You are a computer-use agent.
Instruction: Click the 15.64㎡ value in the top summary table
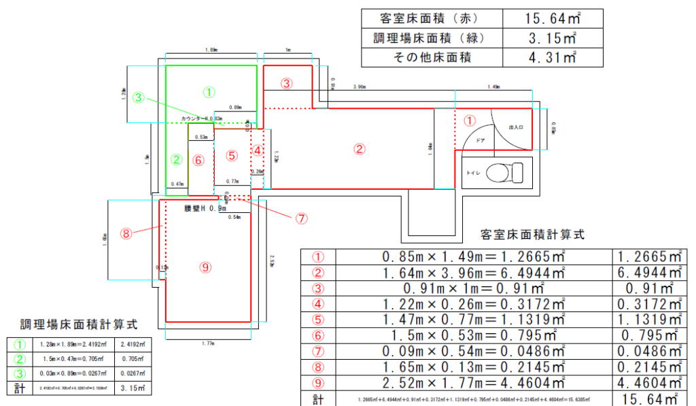pos(551,18)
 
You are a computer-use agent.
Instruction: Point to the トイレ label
pos(474,173)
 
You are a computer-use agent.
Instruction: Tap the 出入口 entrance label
pos(517,127)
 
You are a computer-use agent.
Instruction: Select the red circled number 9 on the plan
pos(205,267)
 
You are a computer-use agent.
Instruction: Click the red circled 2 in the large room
pos(360,148)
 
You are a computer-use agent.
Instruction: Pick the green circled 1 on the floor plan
pos(209,90)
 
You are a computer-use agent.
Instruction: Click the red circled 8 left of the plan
pos(126,233)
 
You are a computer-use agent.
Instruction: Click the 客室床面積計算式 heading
pos(532,235)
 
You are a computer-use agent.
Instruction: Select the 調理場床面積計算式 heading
pos(79,324)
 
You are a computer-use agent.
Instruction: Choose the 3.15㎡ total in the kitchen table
pos(133,388)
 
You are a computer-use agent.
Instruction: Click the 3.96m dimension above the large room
pos(360,88)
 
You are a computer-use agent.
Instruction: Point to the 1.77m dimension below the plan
pos(208,344)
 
